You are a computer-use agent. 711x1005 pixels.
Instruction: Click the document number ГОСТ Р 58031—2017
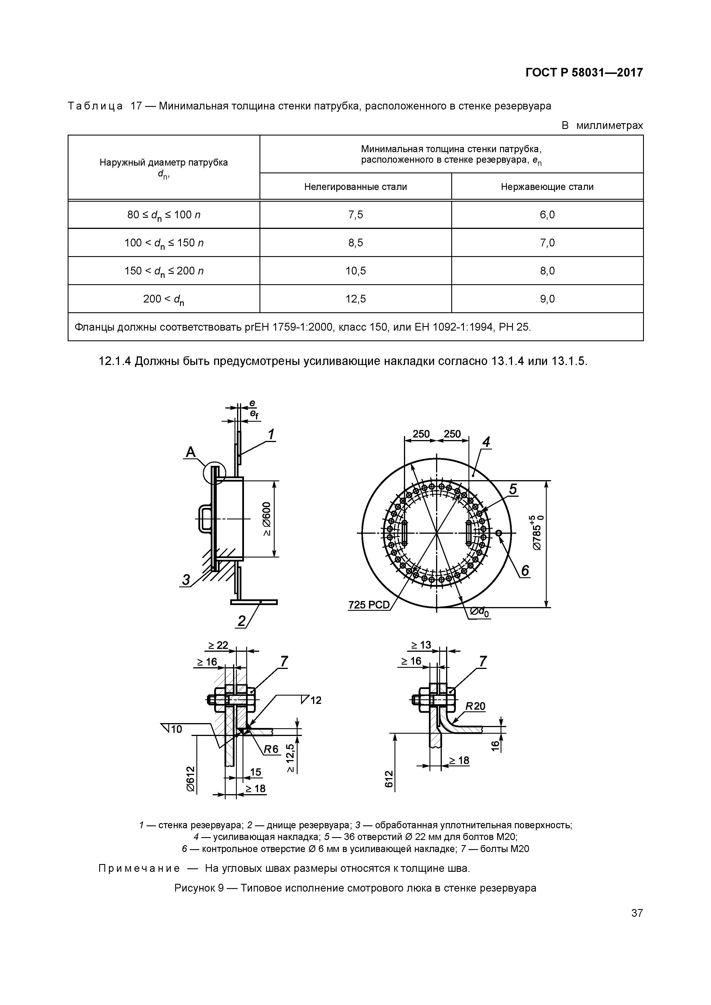pyautogui.click(x=584, y=73)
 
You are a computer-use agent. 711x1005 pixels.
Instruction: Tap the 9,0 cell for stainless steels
pyautogui.click(x=547, y=299)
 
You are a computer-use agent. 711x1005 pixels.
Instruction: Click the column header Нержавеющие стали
pyautogui.click(x=547, y=187)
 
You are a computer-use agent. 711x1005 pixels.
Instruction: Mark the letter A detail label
pyautogui.click(x=191, y=452)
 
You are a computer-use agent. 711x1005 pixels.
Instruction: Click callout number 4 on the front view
pyautogui.click(x=485, y=443)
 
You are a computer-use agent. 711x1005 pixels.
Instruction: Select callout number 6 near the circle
pyautogui.click(x=525, y=571)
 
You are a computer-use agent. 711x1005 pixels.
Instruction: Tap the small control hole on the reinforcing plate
pyautogui.click(x=499, y=533)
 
